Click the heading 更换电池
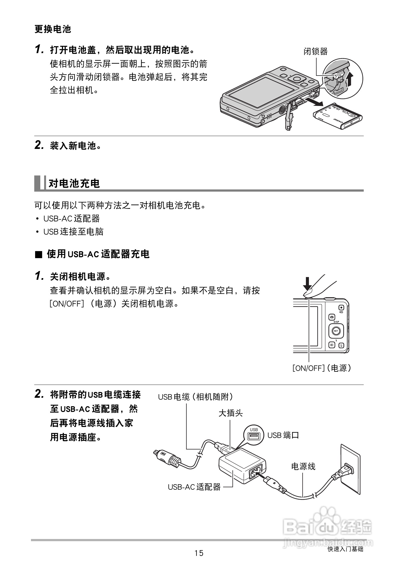click(53, 29)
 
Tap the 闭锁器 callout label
click(315, 51)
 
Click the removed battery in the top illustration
click(338, 116)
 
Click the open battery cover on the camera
click(289, 118)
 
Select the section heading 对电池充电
click(74, 183)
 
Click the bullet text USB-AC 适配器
click(72, 218)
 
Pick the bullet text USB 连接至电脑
click(73, 232)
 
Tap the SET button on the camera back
click(336, 331)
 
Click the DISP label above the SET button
click(336, 322)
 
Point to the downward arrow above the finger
click(308, 284)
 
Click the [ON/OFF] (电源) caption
click(322, 368)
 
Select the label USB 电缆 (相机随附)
click(196, 397)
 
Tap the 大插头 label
click(231, 413)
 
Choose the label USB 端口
click(283, 435)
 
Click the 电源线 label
click(303, 466)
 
